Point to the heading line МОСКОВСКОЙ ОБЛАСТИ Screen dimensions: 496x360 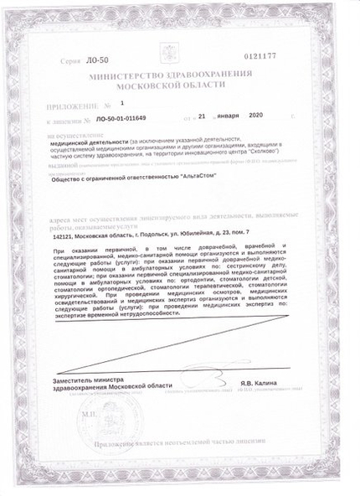180,85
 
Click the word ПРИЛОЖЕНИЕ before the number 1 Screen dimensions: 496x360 73,106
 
